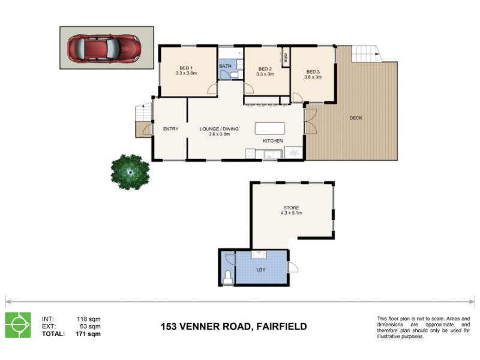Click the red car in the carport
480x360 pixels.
104,49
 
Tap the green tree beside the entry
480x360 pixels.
130,172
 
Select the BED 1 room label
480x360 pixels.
186,68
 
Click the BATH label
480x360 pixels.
226,66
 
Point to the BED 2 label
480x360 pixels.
265,69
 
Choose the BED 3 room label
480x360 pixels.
313,72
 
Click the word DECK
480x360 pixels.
356,118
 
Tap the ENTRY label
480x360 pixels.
171,129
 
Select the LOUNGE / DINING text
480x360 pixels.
219,129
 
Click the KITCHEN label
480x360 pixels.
273,141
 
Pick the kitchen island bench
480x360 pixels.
270,128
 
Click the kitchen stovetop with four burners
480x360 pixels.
250,154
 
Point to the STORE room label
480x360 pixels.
292,208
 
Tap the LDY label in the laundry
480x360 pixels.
261,269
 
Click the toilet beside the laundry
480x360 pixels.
228,277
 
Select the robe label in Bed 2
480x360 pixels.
286,58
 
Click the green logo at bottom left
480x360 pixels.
18,325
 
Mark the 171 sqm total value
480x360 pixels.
88,334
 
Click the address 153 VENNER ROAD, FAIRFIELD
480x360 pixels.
234,326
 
